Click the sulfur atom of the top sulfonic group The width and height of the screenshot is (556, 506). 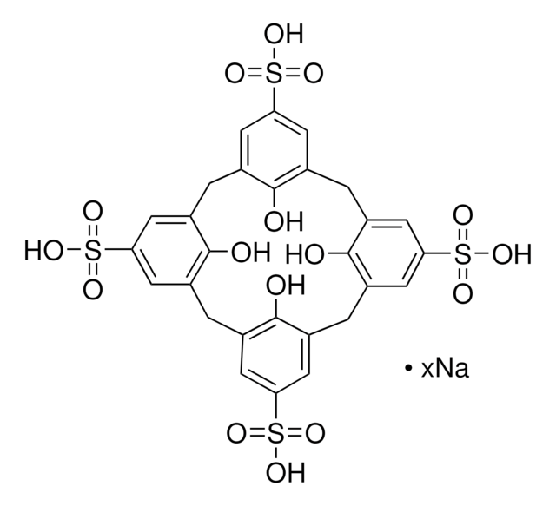click(275, 74)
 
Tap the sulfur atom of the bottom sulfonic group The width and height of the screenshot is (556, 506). click(276, 433)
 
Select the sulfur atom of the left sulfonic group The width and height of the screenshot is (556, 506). click(93, 251)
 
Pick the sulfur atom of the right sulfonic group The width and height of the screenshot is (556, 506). click(463, 254)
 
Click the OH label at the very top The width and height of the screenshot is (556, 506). click(283, 35)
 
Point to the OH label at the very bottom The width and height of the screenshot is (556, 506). click(286, 472)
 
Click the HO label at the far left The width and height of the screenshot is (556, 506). click(43, 251)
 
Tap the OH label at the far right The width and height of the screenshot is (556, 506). click(512, 254)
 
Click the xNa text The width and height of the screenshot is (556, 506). click(445, 369)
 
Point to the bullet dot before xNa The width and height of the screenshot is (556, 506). click(408, 369)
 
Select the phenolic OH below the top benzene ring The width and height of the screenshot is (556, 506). click(283, 222)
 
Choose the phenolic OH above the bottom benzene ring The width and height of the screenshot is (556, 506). click(286, 286)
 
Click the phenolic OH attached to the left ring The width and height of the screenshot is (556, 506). click(251, 252)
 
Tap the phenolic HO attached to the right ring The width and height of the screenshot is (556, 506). click(305, 255)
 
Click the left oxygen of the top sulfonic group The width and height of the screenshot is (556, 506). click(235, 74)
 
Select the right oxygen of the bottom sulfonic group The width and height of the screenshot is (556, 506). click(315, 433)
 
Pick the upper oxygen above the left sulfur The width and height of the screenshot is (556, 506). click(93, 212)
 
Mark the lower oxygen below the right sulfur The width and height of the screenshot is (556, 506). click(463, 293)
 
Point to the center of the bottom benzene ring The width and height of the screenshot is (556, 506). click(275, 354)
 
